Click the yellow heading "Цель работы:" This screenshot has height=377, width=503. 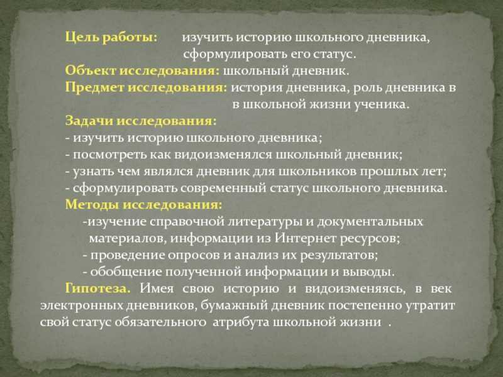(111, 38)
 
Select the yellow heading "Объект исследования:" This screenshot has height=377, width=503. (143, 71)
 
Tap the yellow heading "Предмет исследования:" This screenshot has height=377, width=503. (146, 88)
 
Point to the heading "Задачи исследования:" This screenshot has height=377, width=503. (141, 121)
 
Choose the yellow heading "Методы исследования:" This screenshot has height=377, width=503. (143, 205)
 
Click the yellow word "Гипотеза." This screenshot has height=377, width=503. (98, 288)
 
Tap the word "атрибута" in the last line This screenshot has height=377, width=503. (240, 322)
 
